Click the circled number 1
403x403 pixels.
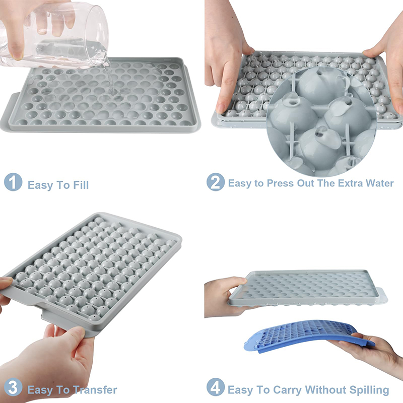click(13, 182)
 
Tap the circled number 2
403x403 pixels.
click(216, 182)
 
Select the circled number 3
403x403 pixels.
click(13, 387)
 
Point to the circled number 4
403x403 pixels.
click(216, 387)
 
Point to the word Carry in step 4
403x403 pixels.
click(287, 390)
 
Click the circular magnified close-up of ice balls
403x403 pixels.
click(321, 121)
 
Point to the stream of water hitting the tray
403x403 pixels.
click(111, 80)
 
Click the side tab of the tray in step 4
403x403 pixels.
click(382, 296)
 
